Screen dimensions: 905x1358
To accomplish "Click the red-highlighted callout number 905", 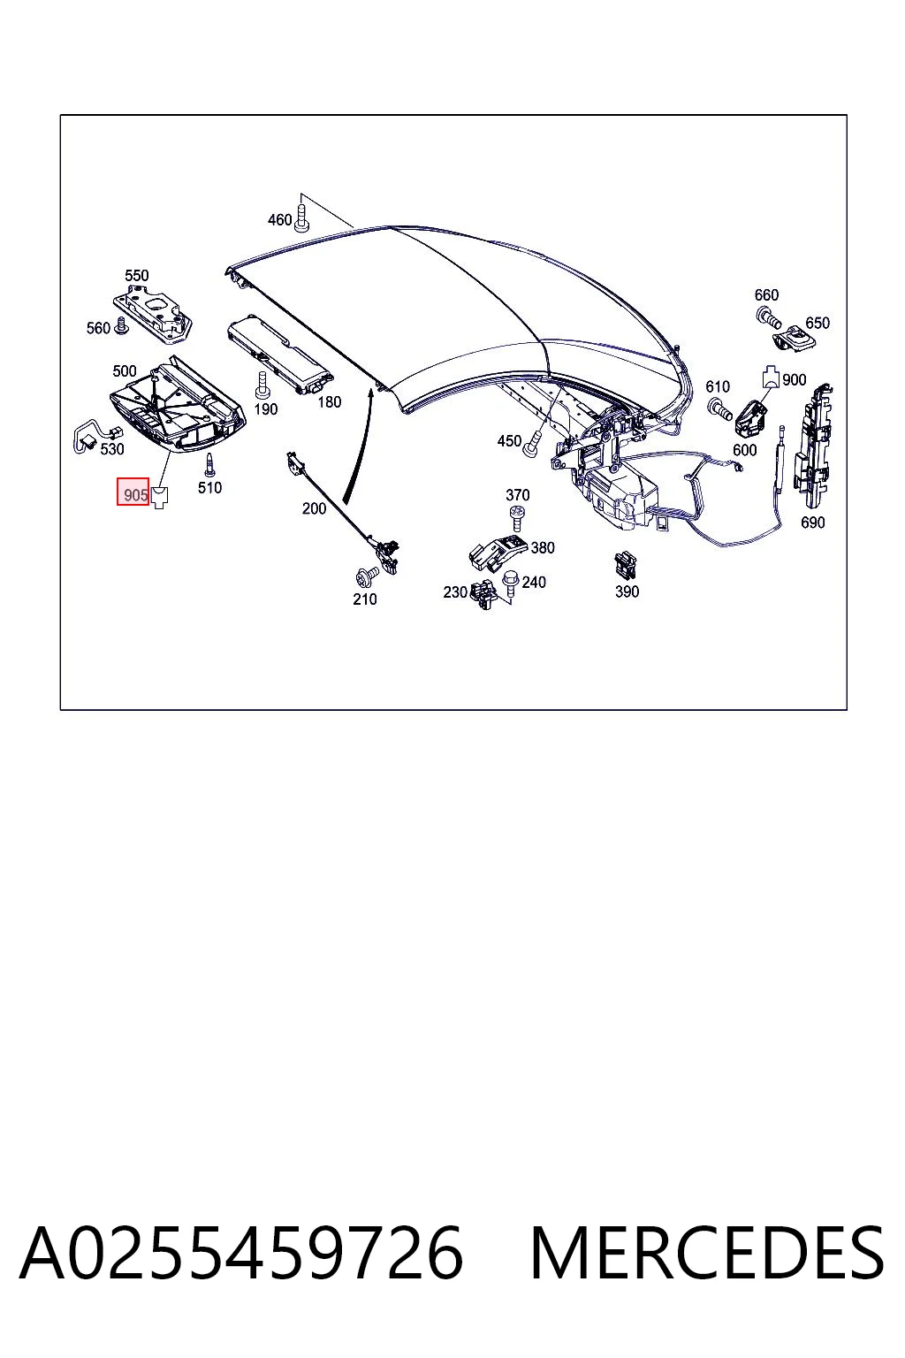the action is [135, 495].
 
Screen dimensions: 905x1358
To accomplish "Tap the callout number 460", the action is [280, 219].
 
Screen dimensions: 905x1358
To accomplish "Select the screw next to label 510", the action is [211, 464].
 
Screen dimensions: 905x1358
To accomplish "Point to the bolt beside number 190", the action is [262, 385].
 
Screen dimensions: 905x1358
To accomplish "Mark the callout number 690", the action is [813, 522].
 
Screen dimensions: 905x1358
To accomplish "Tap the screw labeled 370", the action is [517, 519].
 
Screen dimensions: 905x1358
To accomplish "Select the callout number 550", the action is [137, 275].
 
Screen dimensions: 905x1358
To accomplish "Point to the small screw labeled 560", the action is [122, 325].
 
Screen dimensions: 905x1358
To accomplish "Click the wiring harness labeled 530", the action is [97, 435].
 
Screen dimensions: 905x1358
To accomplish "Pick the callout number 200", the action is [314, 508].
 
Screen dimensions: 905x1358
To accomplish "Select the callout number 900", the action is [794, 379].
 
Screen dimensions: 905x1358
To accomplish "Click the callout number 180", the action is [330, 402].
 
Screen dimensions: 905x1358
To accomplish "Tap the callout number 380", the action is [543, 547].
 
